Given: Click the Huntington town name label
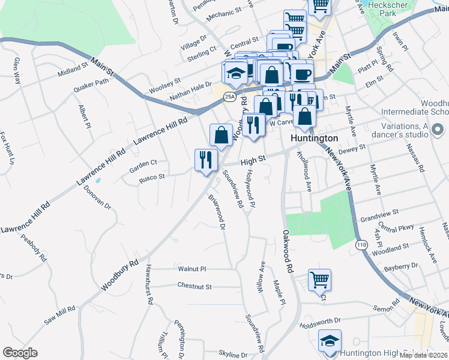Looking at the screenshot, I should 314,137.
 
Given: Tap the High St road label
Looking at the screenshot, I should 253,161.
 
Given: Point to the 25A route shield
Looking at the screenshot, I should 229,96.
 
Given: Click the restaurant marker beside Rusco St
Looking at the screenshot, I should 205,160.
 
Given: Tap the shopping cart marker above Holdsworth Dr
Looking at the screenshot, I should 319,280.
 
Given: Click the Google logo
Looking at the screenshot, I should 20,353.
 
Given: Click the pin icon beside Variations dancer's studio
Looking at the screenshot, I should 438,129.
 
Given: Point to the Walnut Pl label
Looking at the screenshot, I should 192,269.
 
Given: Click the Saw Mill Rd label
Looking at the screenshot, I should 59,316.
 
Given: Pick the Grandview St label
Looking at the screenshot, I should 376,213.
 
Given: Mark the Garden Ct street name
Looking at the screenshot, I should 143,162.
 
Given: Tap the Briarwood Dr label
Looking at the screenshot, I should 217,211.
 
